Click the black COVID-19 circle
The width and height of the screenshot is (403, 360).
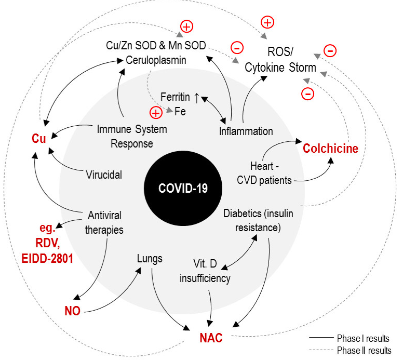[183, 188]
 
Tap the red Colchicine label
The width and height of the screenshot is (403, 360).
[331, 149]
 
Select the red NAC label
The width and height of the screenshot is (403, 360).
[211, 339]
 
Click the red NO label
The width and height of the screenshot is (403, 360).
[72, 311]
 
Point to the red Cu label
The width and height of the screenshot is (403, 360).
[36, 139]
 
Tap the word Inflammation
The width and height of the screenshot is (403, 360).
[246, 130]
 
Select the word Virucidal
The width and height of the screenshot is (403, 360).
[104, 175]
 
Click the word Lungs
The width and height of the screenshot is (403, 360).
[150, 258]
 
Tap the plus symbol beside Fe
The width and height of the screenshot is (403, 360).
[156, 112]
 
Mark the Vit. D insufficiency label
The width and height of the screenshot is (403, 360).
[205, 272]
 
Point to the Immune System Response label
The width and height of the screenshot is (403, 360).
[132, 136]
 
